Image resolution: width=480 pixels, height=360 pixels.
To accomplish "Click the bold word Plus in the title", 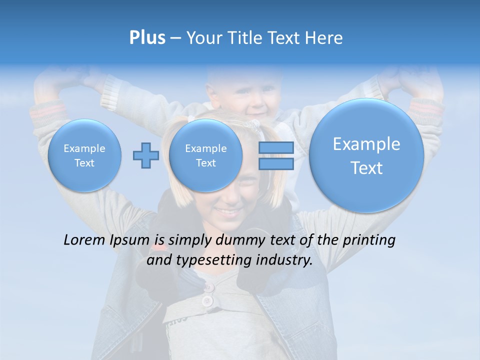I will (147, 38).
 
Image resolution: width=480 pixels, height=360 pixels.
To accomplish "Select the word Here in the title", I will (324, 38).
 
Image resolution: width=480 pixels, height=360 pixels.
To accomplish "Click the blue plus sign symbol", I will (146, 155).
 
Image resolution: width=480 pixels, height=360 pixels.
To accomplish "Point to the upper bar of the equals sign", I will (276, 147).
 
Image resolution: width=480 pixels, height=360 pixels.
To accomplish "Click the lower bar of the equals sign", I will (276, 163).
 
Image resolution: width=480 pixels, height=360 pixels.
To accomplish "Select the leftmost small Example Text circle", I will (84, 155).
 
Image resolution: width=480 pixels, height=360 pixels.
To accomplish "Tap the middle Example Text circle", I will (205, 155).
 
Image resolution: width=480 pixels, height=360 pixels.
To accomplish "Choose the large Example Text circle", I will (366, 155).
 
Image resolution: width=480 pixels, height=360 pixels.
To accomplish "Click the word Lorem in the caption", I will (84, 240).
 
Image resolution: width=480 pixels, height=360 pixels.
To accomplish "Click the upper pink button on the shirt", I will (209, 287).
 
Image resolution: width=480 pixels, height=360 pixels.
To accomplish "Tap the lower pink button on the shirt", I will (206, 301).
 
